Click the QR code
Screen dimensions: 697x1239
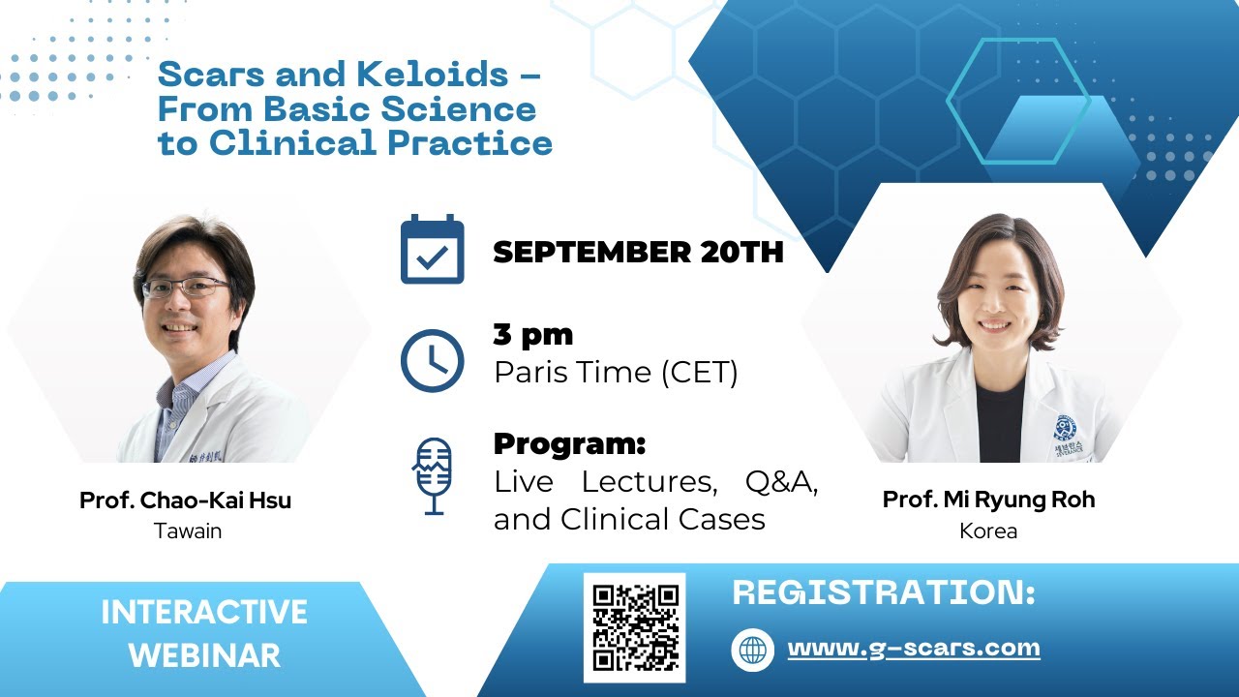coord(634,627)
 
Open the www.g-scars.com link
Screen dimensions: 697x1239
coord(914,649)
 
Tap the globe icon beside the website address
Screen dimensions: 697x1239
coord(752,650)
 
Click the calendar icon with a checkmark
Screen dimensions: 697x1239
coord(432,251)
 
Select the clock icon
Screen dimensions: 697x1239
coord(432,360)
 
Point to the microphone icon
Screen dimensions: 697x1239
coord(432,475)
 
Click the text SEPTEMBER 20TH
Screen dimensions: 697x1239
coord(638,253)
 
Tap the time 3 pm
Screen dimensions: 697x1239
coord(533,335)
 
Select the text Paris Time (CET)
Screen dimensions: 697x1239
coord(616,373)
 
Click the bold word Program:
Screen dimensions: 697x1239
coord(569,444)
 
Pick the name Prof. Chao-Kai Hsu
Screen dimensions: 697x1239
coord(185,500)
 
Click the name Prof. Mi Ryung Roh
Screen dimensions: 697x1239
coord(988,500)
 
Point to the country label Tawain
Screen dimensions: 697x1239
coord(188,531)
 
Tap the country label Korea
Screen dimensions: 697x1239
coord(988,531)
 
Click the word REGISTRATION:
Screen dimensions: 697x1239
coord(884,592)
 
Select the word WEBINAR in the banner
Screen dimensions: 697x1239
coord(204,655)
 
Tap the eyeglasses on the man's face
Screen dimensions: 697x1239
coord(186,288)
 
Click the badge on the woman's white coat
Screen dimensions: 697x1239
coord(1066,429)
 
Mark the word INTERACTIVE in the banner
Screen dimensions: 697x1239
coord(204,613)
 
